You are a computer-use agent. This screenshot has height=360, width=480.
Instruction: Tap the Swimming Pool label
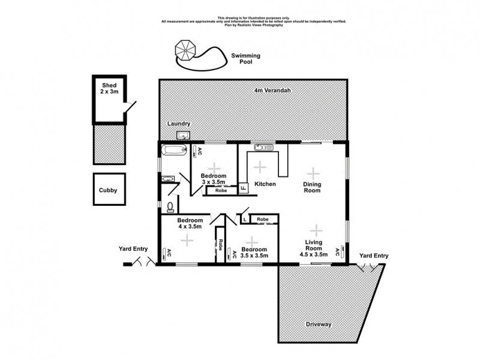tap(246, 58)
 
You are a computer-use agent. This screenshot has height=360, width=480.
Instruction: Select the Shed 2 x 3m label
tap(109, 89)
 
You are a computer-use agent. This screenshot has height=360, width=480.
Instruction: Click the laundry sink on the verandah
tap(184, 135)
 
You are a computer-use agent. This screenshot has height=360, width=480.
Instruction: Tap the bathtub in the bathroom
tap(174, 149)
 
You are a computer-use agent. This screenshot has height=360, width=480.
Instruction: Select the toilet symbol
tap(170, 207)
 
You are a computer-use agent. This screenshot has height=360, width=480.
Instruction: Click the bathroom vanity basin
tap(167, 179)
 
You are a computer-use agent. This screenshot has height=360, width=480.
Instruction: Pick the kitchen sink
tap(263, 147)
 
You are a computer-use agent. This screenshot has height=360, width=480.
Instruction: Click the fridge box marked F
tap(243, 187)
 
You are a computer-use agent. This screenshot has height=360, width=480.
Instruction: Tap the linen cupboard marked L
tap(245, 220)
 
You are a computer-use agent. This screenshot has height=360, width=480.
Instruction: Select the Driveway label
tap(318, 324)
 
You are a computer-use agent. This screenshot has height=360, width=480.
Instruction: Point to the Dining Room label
tap(311, 188)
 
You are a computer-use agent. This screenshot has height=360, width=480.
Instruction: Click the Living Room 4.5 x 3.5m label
tap(313, 248)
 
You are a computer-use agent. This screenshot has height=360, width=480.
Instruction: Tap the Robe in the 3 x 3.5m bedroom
tap(221, 190)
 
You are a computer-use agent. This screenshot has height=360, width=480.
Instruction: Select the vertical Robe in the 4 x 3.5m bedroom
tap(220, 244)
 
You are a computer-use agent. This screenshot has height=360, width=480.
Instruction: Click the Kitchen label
tap(265, 184)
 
